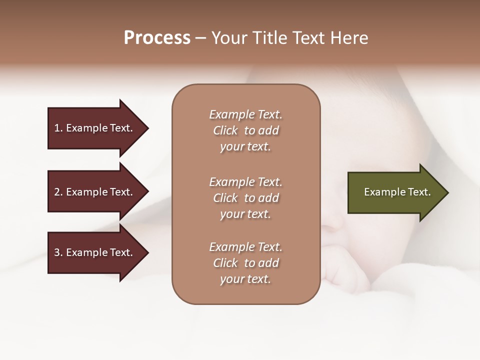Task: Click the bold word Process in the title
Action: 157,38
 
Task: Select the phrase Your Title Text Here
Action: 289,38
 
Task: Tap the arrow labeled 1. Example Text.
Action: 93,128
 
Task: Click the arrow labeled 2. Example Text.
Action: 93,192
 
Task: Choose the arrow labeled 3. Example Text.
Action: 93,252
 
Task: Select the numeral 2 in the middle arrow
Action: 57,192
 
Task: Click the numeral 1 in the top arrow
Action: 57,128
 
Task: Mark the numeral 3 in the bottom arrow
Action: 57,252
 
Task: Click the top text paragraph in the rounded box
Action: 245,130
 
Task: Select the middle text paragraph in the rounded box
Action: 245,197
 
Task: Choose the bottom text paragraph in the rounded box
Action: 245,263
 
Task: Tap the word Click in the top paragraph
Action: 225,130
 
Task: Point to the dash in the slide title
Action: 201,38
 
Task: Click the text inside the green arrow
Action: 397,192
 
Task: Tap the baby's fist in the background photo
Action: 345,272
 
